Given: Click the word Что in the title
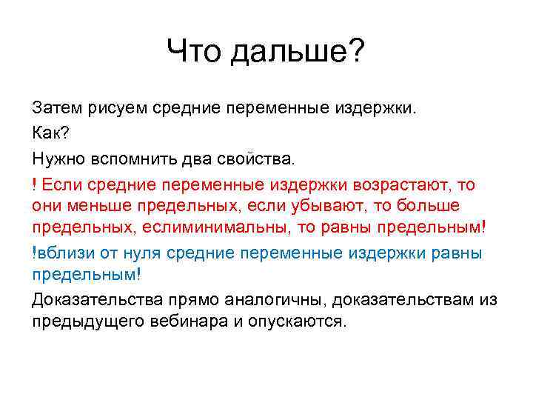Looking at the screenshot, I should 193,53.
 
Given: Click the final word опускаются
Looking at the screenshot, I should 301,323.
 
